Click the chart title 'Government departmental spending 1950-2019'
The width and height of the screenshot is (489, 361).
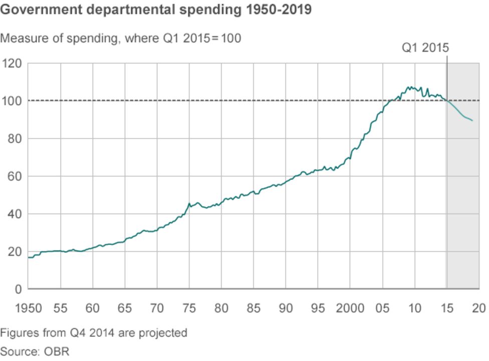(x=156, y=11)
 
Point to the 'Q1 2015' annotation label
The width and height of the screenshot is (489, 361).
(x=425, y=48)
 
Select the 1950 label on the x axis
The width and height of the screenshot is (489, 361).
(x=28, y=307)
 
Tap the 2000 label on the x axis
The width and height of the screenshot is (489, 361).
(x=350, y=307)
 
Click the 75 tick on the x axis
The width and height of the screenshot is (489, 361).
(x=189, y=307)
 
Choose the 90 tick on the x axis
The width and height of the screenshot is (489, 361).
(x=286, y=307)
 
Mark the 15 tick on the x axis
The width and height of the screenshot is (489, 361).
(x=446, y=307)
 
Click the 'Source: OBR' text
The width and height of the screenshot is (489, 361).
(x=35, y=351)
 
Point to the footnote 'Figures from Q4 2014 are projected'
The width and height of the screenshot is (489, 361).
(x=94, y=332)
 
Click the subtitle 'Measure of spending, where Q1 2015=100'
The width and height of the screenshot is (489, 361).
(x=121, y=38)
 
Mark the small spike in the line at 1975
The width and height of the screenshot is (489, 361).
(x=189, y=203)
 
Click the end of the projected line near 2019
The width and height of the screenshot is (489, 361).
(x=472, y=121)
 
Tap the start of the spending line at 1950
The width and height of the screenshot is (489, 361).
(x=29, y=258)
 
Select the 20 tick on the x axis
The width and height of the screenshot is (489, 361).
(x=478, y=307)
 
